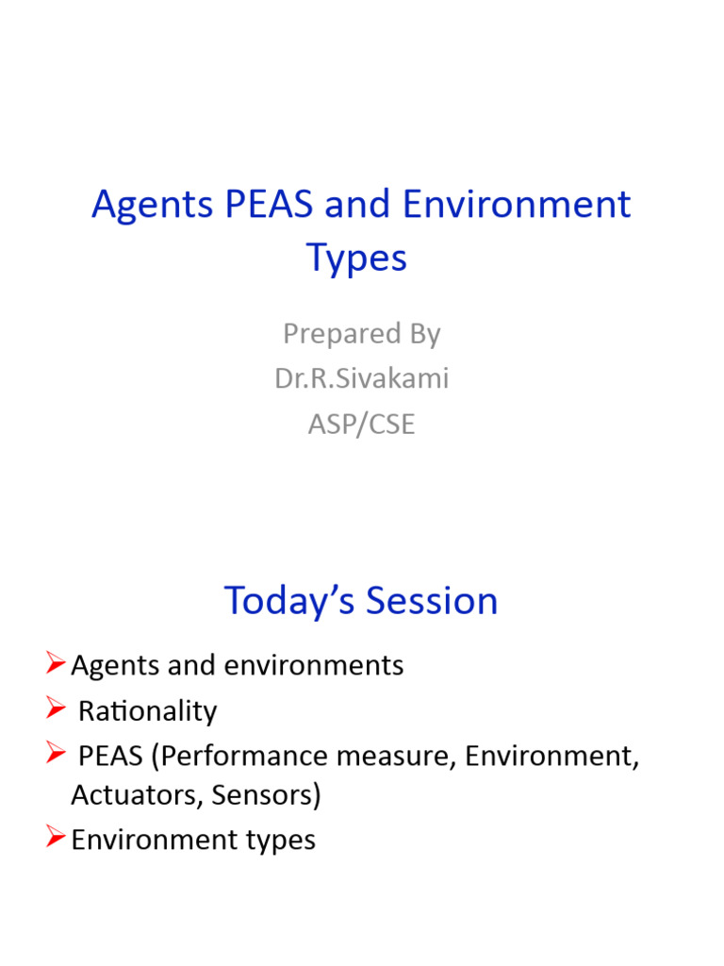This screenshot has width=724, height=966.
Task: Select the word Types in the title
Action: coord(357,258)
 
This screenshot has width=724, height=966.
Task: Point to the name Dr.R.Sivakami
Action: coord(362,378)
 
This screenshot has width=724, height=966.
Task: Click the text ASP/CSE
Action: coord(362,424)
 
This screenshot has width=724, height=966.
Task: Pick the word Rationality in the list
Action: coord(147,710)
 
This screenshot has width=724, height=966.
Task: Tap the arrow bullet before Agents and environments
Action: coord(55,665)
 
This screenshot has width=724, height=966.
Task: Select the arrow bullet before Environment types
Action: coord(55,839)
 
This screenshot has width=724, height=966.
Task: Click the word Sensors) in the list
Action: coord(267,795)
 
